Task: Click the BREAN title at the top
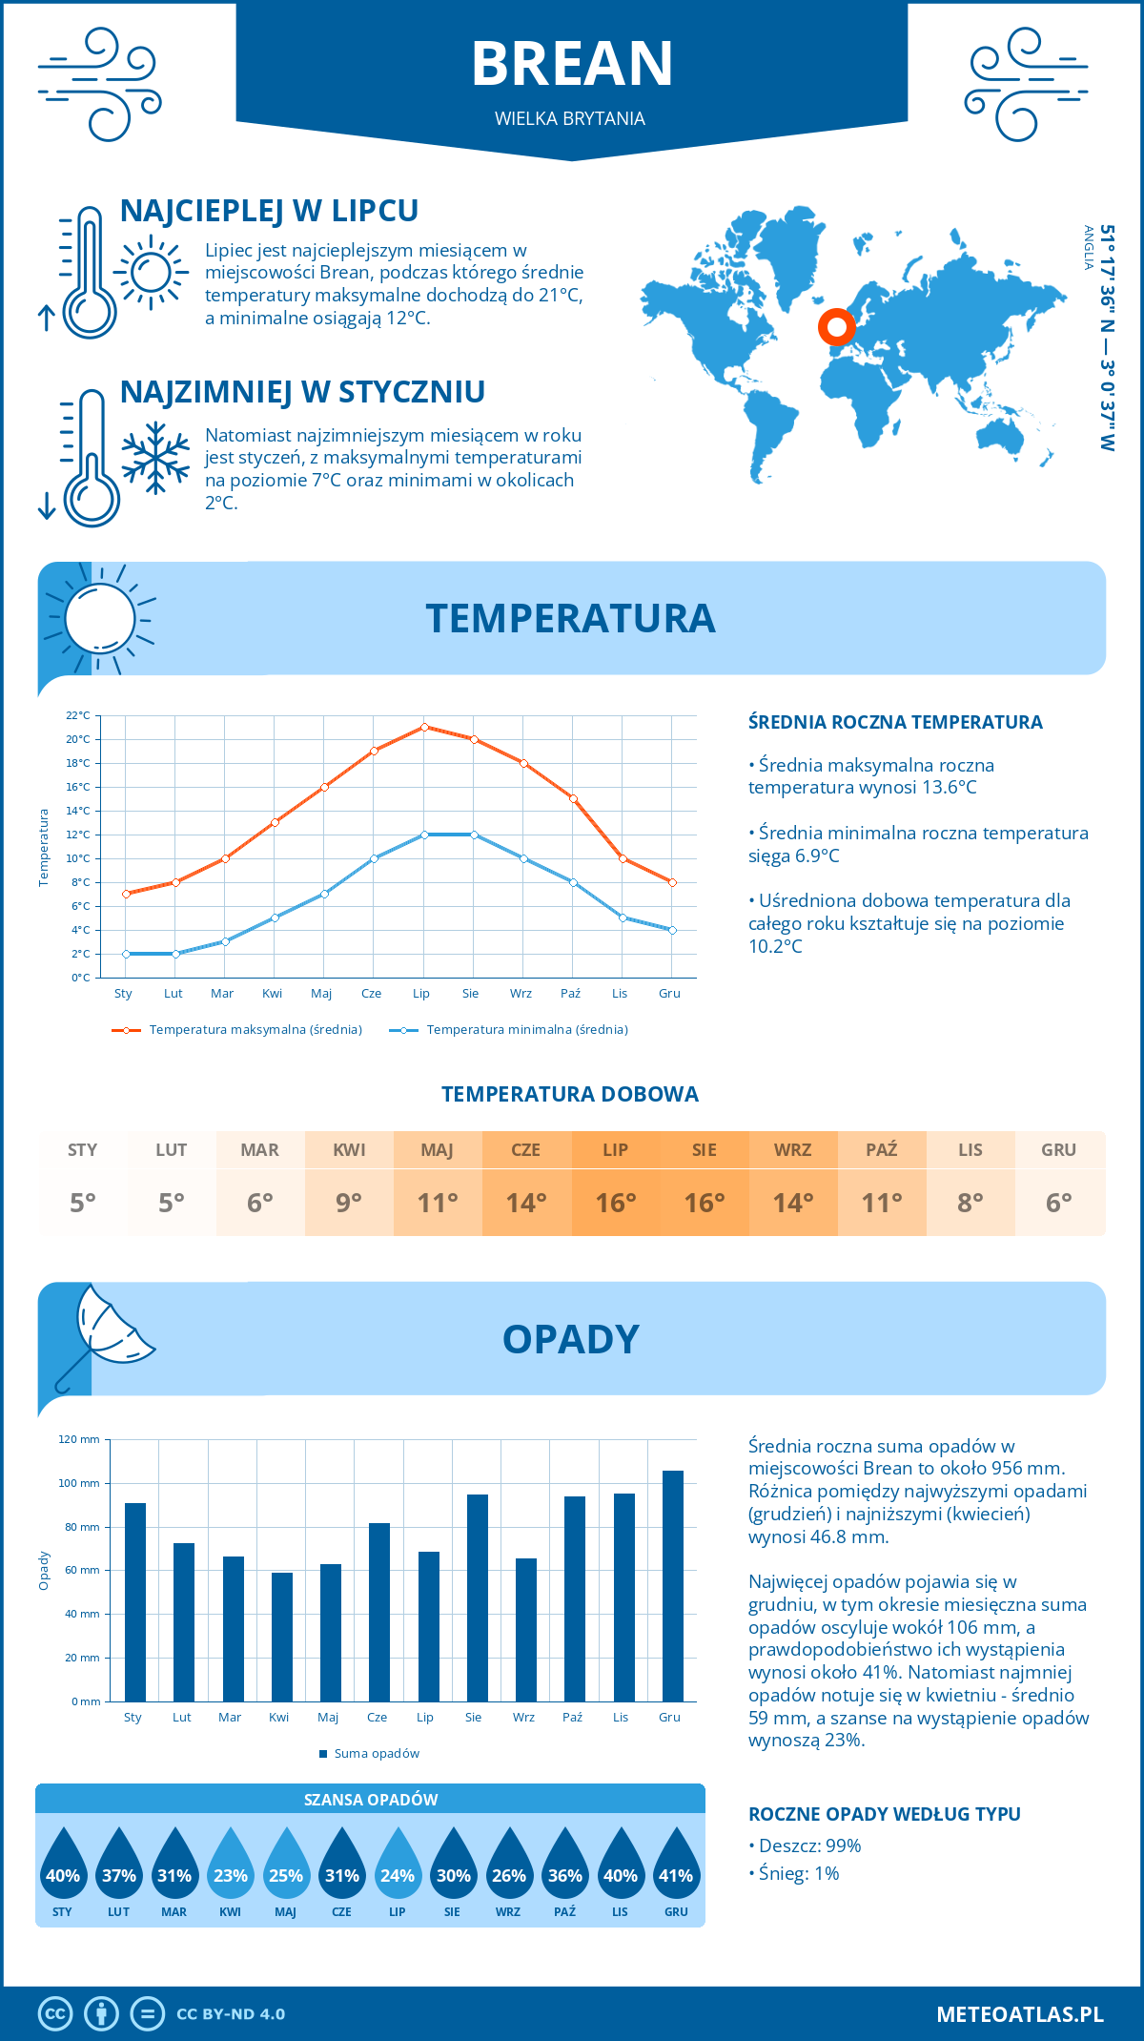point(572,64)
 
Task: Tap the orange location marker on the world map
point(837,327)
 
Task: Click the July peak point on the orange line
point(424,727)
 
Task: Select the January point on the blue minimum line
point(126,954)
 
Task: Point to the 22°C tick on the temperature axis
point(78,715)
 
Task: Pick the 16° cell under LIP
point(615,1203)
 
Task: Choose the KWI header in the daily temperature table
point(349,1150)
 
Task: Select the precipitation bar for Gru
point(673,1585)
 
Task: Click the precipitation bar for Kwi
point(282,1637)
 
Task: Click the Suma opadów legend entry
point(376,1754)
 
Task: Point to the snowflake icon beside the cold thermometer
point(155,458)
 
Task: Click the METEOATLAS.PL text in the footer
point(1019,2014)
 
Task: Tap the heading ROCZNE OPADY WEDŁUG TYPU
point(884,1814)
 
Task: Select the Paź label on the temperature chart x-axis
point(570,994)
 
